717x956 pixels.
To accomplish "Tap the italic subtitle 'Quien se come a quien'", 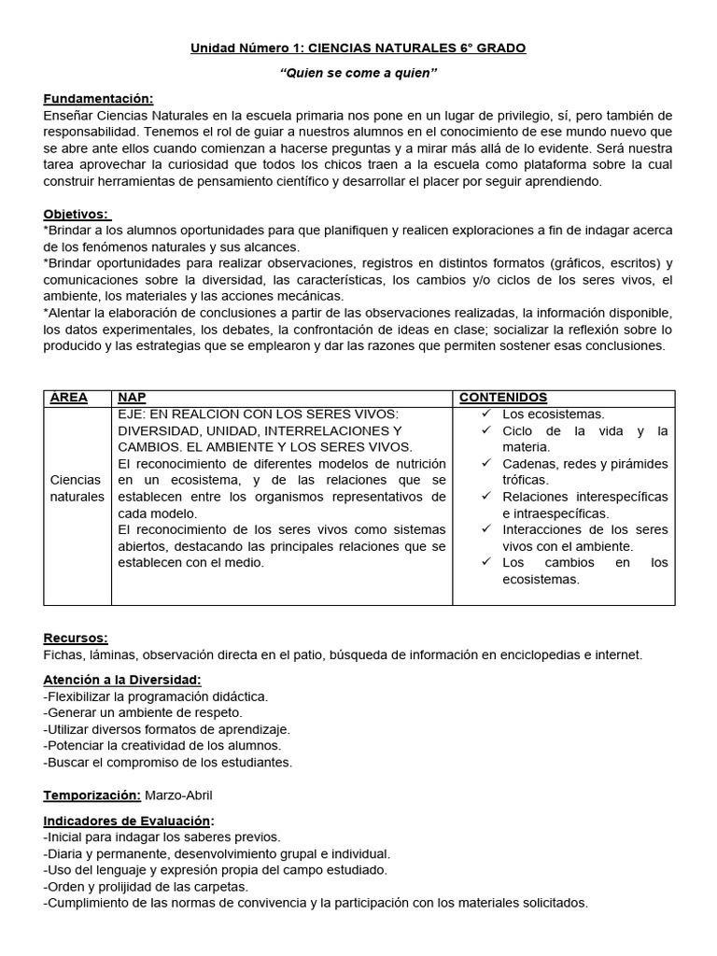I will (x=358, y=73).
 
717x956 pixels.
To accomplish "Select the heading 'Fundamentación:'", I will (x=98, y=99).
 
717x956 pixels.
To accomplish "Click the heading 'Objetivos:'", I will (x=77, y=214).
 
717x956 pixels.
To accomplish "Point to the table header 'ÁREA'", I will (x=69, y=398).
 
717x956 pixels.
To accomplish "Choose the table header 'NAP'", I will (x=132, y=398).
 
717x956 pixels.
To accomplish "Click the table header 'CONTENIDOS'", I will (x=502, y=398).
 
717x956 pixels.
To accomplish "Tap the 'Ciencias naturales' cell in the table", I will (x=77, y=487).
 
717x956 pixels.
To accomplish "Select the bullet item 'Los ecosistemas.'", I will (x=553, y=414).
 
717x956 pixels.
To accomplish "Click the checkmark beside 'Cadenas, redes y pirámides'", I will (x=486, y=463).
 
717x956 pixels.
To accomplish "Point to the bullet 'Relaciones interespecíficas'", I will (x=584, y=497).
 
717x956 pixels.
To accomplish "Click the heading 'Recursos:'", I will (x=76, y=638).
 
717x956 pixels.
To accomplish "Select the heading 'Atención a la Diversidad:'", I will (x=121, y=680).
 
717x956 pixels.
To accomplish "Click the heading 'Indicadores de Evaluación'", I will (x=127, y=821).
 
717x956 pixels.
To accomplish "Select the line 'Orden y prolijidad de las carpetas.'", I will (x=145, y=886).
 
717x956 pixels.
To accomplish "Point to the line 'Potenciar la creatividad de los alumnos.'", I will (x=162, y=745).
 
